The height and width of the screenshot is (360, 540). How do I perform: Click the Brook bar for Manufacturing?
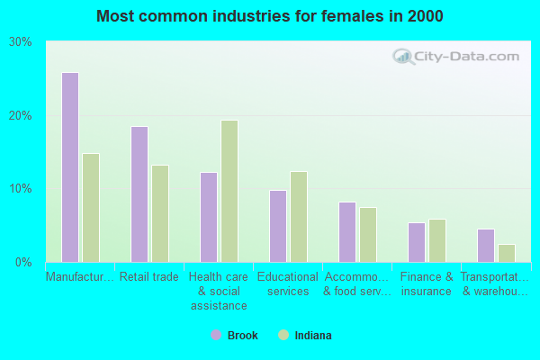click(69, 167)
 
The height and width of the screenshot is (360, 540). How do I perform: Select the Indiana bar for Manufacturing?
click(91, 208)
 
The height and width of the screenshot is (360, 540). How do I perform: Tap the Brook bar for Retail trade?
click(139, 194)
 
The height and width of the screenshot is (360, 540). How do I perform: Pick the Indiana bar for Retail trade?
click(160, 213)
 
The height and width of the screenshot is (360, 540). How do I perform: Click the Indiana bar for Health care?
click(229, 191)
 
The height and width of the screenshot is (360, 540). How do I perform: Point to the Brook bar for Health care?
click(209, 217)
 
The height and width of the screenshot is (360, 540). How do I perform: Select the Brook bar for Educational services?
click(278, 226)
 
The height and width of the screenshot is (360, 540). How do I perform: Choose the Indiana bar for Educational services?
click(299, 217)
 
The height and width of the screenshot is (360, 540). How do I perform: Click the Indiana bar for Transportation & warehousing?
click(507, 253)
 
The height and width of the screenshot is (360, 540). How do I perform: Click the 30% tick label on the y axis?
click(21, 42)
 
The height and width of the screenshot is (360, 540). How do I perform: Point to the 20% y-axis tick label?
click(21, 116)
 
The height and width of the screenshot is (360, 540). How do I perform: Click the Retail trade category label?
click(149, 277)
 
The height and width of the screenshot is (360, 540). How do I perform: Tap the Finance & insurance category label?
click(427, 284)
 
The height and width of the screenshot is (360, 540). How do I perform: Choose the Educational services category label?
click(288, 284)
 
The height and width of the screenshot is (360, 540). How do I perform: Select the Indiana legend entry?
click(305, 336)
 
